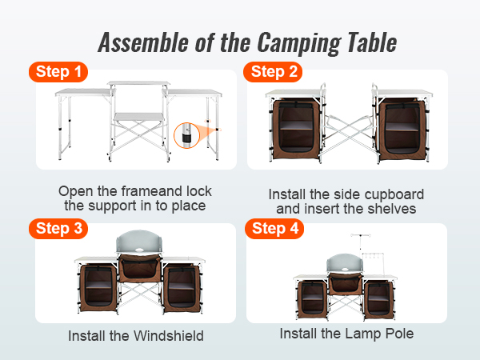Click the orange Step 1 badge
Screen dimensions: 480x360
58,72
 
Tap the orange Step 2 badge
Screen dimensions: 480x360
273,72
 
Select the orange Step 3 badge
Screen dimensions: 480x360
58,229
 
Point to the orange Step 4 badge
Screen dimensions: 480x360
274,229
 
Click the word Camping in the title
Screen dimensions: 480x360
298,43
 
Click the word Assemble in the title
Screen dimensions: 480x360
143,42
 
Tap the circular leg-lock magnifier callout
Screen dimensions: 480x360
186,135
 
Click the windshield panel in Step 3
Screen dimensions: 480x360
138,242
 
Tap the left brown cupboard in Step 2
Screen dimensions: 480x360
296,129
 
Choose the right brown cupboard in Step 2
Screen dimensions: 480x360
402,129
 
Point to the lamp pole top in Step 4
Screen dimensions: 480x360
361,235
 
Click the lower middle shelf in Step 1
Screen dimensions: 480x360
139,117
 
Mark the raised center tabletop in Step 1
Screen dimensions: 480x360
138,83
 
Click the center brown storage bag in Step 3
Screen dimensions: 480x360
140,268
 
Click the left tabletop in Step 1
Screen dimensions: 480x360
85,92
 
